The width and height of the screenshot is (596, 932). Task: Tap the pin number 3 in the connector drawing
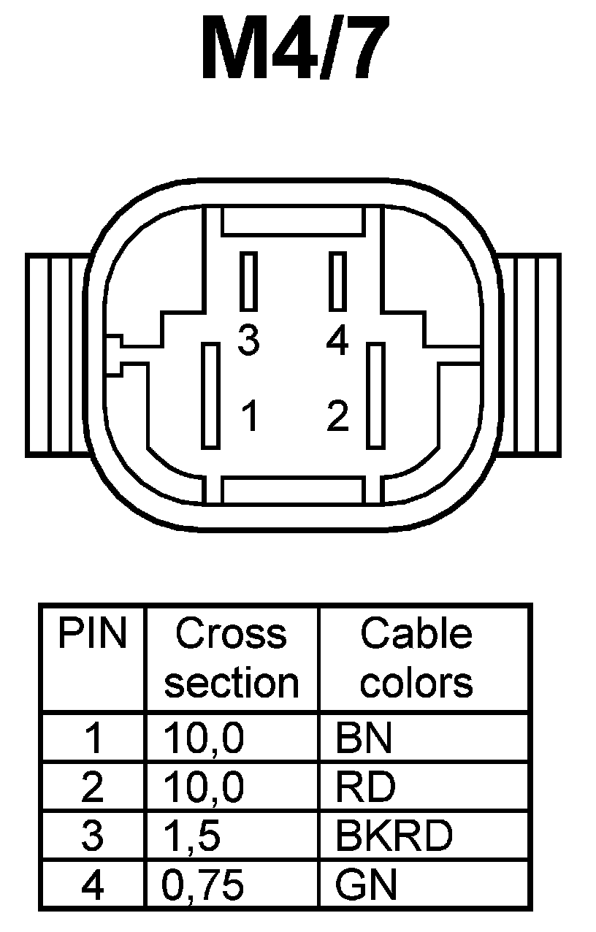[249, 340]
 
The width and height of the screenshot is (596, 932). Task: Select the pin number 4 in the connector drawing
[337, 340]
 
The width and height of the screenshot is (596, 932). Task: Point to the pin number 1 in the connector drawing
[249, 416]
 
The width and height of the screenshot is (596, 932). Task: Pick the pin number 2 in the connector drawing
[337, 416]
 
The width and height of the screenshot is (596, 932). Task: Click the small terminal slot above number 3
[249, 280]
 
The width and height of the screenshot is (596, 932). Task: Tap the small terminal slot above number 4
[337, 280]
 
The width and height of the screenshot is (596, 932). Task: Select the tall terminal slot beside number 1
[211, 395]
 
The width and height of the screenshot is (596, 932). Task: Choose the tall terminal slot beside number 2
[375, 395]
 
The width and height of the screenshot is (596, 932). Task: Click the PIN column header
[93, 635]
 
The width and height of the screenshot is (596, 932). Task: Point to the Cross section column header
[232, 657]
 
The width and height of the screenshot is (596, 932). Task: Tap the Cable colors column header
[416, 657]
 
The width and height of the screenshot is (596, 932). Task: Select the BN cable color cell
[364, 739]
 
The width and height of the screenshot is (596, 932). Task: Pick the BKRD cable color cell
[394, 836]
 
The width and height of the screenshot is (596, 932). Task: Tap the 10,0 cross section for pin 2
[205, 787]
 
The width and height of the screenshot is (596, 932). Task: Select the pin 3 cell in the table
[92, 836]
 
